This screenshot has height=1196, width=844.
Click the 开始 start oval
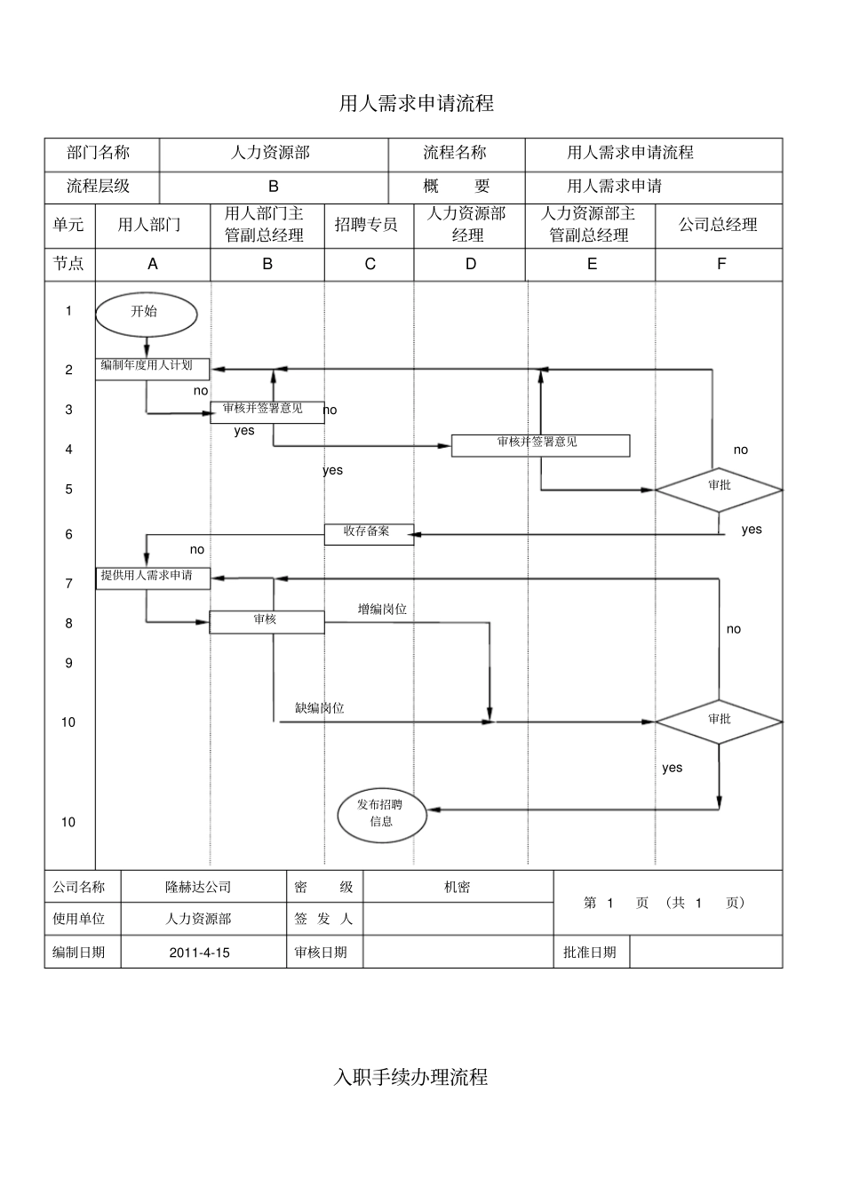coord(146,312)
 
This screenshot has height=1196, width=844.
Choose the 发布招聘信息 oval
coord(382,813)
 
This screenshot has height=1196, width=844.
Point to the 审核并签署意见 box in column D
coord(540,444)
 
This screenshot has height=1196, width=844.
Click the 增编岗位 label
coord(382,610)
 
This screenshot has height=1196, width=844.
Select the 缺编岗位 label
coord(320,708)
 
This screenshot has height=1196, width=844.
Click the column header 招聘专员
coord(366,225)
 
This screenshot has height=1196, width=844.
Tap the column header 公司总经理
coord(718,225)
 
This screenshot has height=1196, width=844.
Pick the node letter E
coord(592,264)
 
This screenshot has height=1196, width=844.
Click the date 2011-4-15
coord(199,953)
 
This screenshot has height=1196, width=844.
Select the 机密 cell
coord(458,887)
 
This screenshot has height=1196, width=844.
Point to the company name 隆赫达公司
coord(198,887)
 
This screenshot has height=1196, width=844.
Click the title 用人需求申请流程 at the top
coord(417,104)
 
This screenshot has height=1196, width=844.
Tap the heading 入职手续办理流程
coord(411,1078)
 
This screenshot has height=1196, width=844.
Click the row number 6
coord(69,534)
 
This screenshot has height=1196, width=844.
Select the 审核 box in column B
coord(267,621)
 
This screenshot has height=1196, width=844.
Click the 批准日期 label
coord(589,953)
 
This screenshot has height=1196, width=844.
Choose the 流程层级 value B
coord(274,187)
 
